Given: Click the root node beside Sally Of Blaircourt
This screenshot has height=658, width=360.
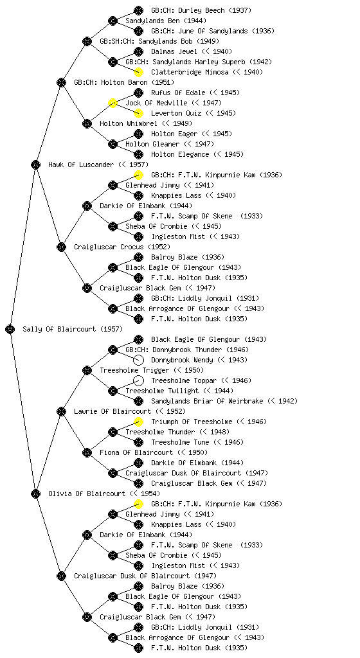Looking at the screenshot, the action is [10, 330].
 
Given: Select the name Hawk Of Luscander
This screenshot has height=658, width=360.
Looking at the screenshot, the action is [81, 164].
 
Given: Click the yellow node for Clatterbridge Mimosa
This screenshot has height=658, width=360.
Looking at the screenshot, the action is [138, 72].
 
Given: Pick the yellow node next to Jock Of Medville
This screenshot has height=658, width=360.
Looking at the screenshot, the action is [113, 103].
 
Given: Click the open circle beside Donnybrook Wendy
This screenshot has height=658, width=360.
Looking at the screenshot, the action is [138, 360].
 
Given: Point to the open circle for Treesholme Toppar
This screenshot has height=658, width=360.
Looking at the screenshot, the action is [138, 380].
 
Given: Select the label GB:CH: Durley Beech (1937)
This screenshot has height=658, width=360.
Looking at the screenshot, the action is [201, 10].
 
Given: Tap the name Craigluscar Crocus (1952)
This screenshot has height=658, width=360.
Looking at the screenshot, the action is [122, 247].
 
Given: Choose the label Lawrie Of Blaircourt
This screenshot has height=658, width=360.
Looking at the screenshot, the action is [113, 411].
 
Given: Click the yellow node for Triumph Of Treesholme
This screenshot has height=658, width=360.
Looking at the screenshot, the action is [138, 422].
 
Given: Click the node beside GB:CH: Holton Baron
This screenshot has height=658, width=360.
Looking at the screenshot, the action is [61, 82].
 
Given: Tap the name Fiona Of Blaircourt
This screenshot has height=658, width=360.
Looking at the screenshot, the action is [136, 452].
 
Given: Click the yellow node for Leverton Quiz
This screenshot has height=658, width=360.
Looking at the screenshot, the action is [138, 113].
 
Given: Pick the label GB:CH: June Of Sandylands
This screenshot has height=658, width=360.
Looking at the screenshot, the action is [198, 31].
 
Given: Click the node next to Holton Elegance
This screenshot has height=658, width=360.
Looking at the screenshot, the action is [138, 154].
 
